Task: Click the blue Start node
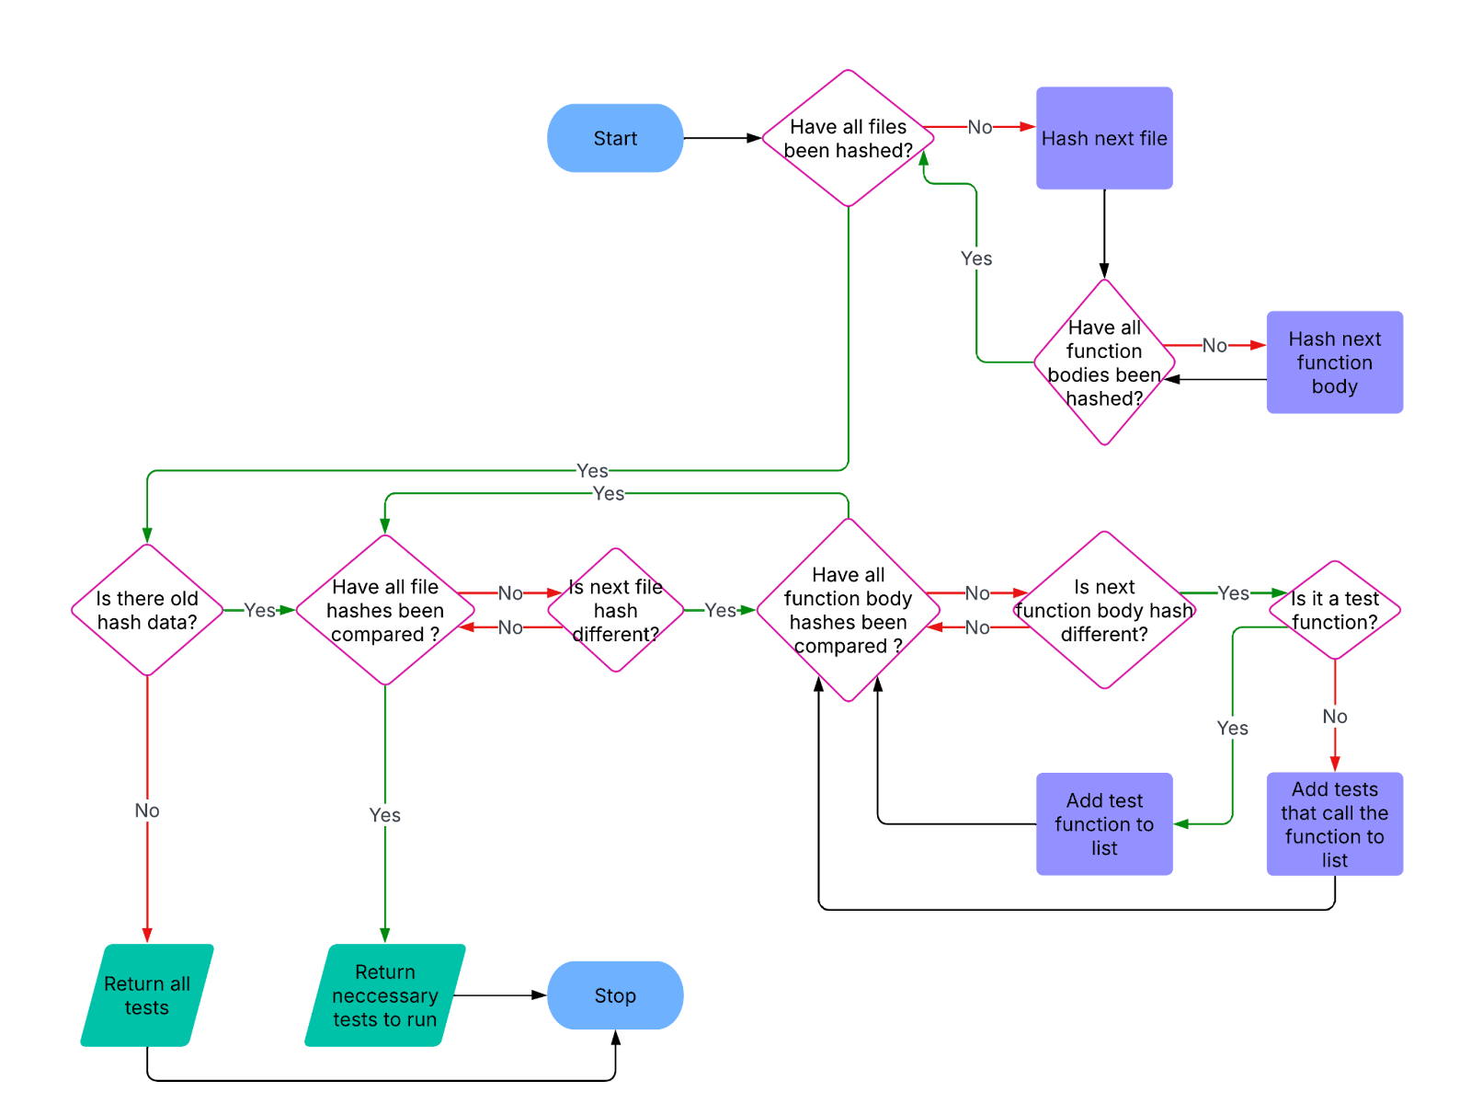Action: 615,138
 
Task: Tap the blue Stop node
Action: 615,995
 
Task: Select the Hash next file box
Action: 1104,138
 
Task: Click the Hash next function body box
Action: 1334,362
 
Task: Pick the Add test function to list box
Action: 1104,824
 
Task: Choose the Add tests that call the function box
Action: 1334,824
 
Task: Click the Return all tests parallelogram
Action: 147,995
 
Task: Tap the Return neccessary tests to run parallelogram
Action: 385,995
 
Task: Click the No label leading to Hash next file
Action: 979,127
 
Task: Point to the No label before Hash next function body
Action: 1214,345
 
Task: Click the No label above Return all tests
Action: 147,810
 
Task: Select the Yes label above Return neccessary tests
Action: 385,815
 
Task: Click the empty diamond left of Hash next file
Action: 848,138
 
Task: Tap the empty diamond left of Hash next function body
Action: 1104,362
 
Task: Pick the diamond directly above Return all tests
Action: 147,610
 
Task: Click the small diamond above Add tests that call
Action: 1334,610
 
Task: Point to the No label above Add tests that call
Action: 1334,717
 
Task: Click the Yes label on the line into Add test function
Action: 1232,728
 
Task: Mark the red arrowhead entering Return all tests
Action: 147,935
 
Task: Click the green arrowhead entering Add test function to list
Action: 1182,824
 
